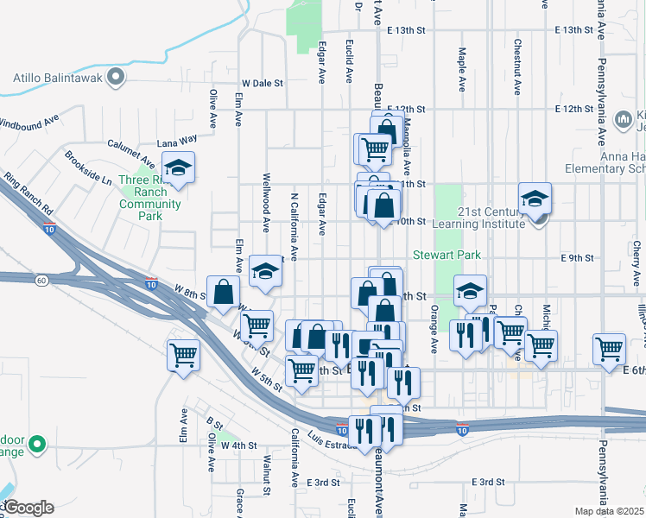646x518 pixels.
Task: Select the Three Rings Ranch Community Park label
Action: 149,198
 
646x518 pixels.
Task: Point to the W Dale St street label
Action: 263,84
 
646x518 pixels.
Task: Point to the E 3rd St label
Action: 488,482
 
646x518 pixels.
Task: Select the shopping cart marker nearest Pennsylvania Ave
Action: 609,349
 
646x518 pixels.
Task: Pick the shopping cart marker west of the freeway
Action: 184,354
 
